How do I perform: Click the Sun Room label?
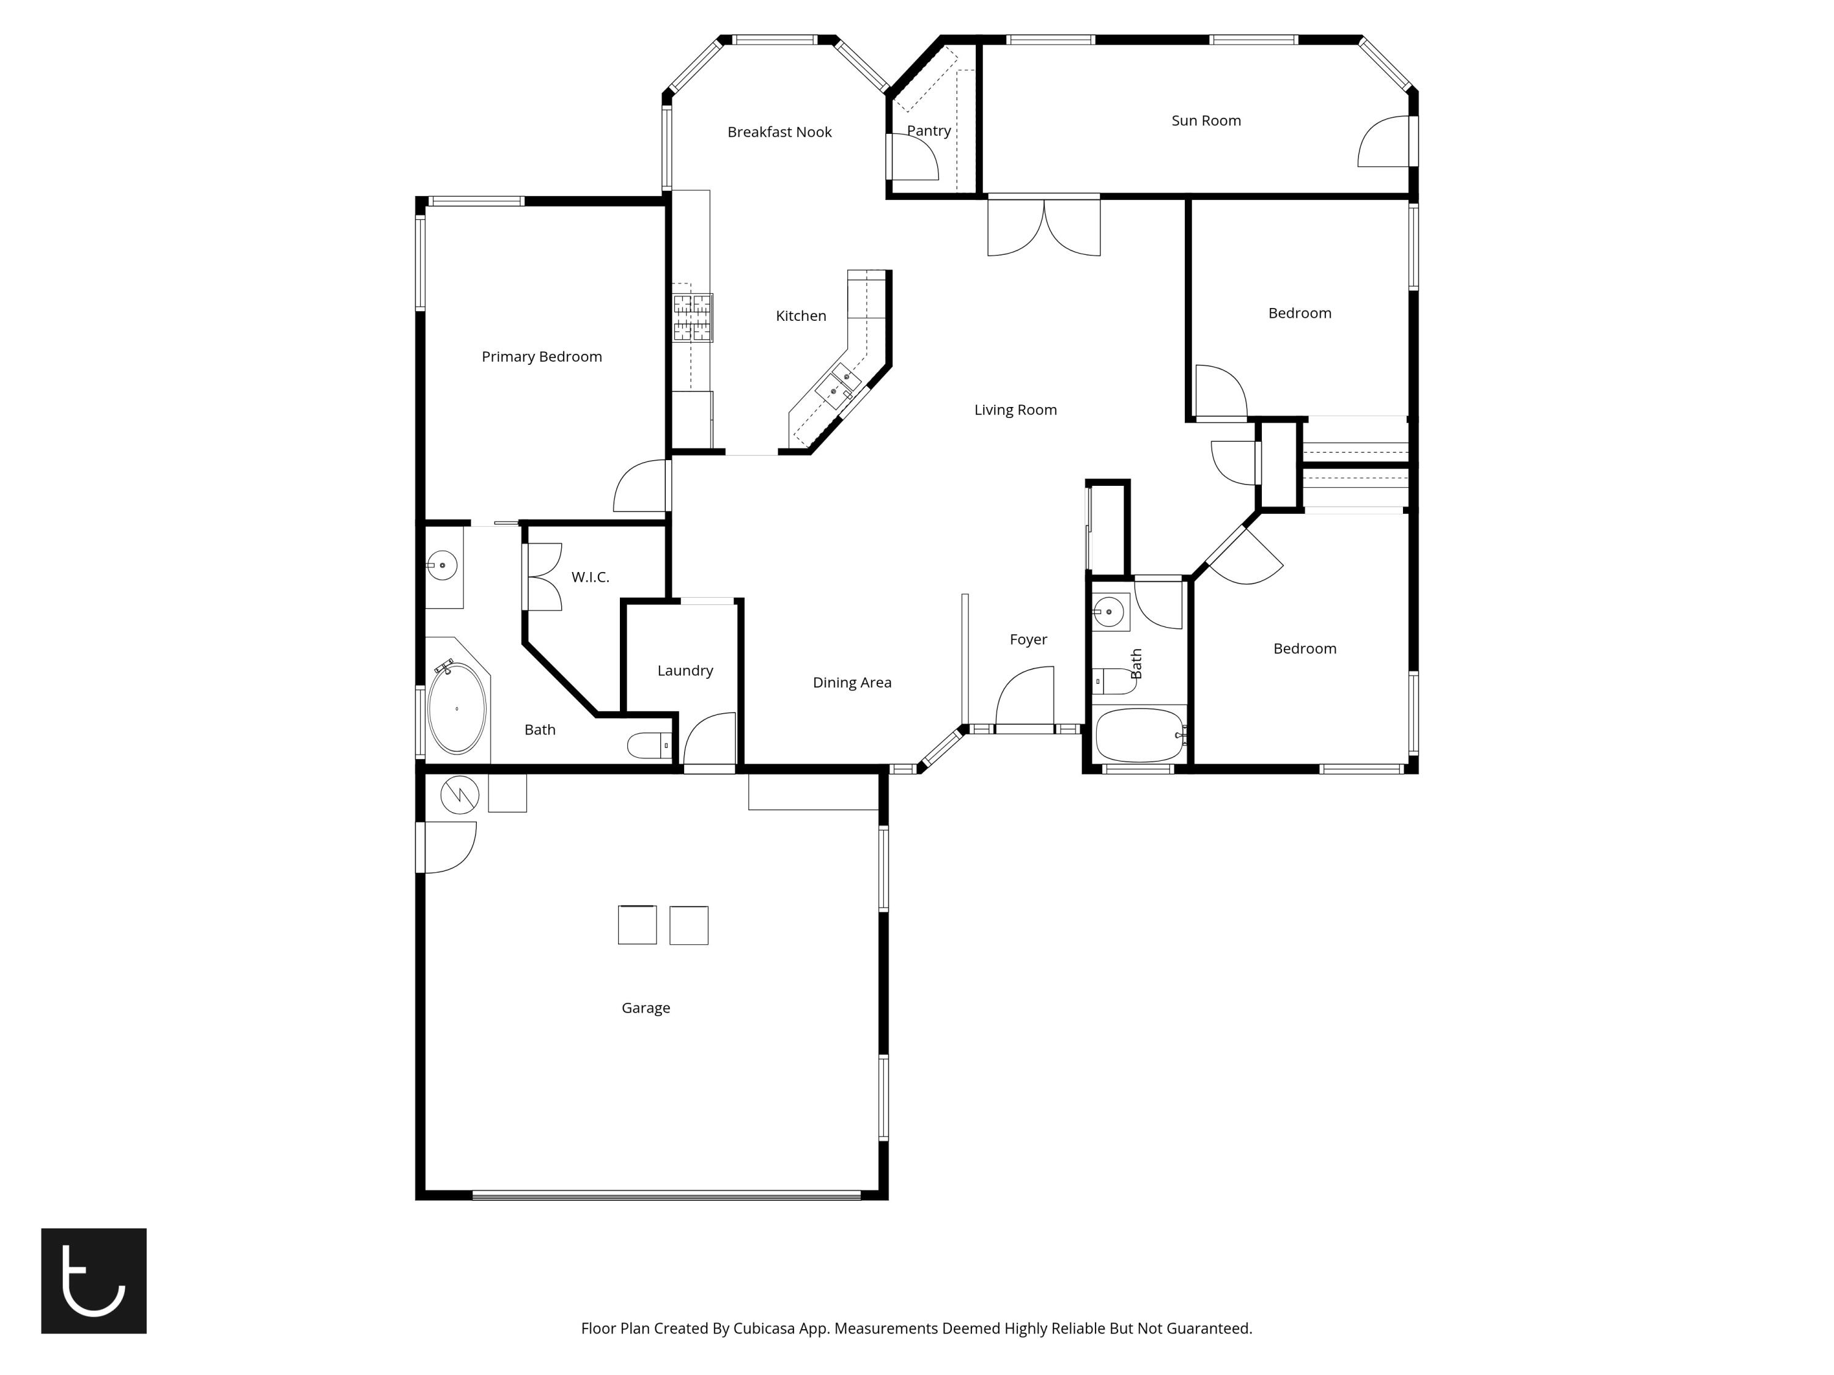1206,121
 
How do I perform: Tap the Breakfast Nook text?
779,133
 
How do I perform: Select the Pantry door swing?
914,158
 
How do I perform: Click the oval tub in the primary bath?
457,709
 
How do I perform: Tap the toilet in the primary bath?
649,746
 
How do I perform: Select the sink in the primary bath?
443,566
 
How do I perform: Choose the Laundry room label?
685,670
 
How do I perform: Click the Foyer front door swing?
1026,698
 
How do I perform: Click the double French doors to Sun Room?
1044,227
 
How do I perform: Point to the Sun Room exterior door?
1384,142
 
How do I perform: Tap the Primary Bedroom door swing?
640,486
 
